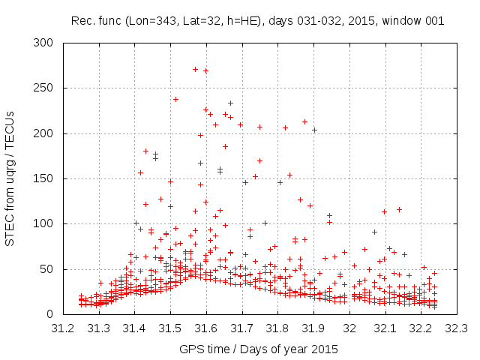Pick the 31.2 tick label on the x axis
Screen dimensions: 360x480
point(63,328)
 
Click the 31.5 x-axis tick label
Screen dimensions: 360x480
point(170,328)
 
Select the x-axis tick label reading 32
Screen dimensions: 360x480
point(349,328)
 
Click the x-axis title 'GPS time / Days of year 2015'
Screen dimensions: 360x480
point(259,349)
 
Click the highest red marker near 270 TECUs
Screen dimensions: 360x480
point(195,69)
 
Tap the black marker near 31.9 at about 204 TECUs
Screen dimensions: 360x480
point(314,130)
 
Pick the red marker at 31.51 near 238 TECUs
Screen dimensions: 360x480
point(175,99)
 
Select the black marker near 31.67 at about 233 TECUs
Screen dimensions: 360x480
point(230,103)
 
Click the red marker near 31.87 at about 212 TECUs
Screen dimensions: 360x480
point(304,121)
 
